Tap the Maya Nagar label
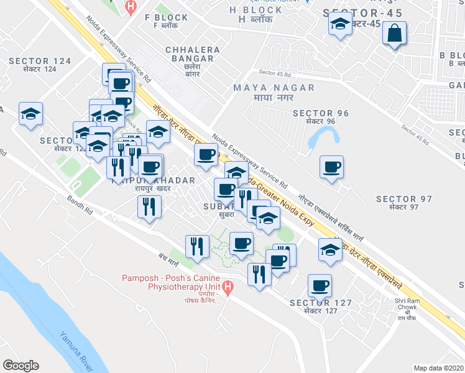274,93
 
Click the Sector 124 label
40,65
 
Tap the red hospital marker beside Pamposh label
228,288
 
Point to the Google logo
21,366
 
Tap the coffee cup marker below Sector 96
331,167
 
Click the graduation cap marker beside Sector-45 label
339,25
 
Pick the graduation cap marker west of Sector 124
30,114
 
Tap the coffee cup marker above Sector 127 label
320,285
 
